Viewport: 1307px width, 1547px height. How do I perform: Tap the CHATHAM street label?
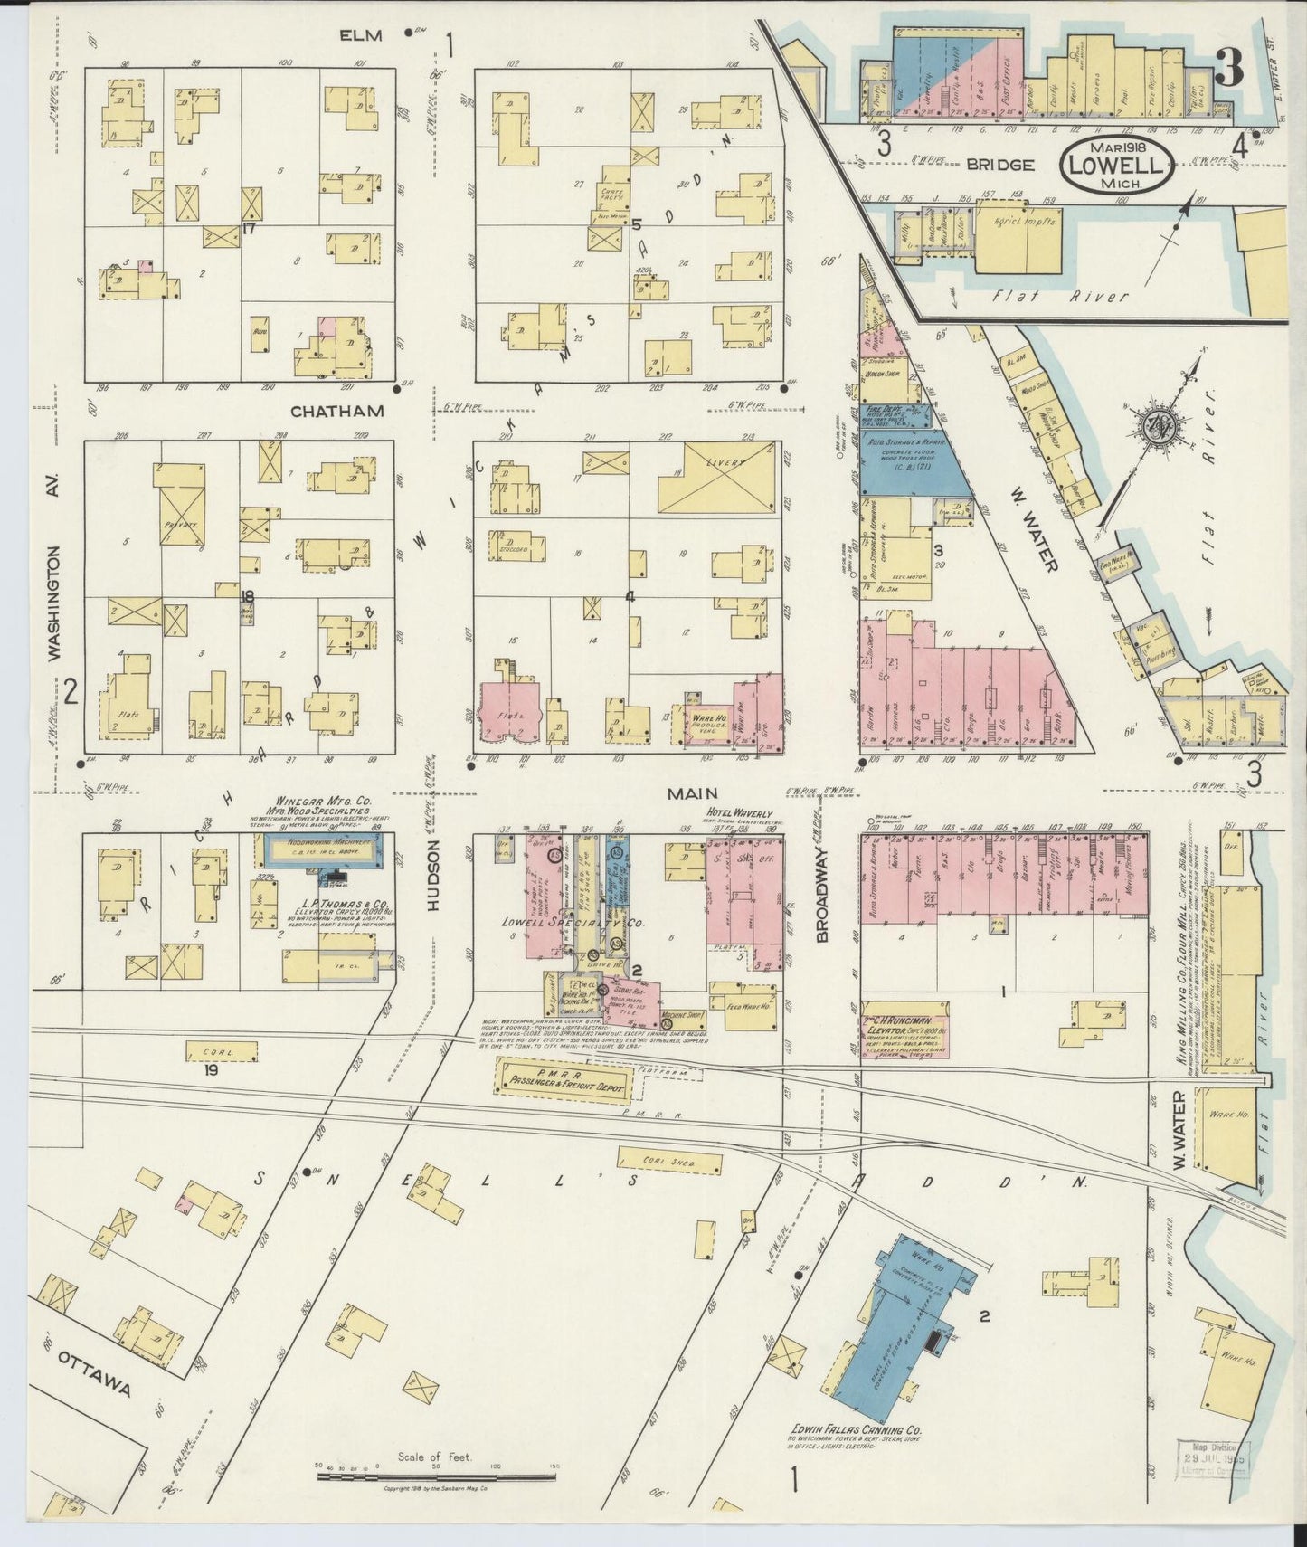pyautogui.click(x=337, y=411)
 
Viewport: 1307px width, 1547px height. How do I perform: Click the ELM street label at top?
pyautogui.click(x=362, y=35)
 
